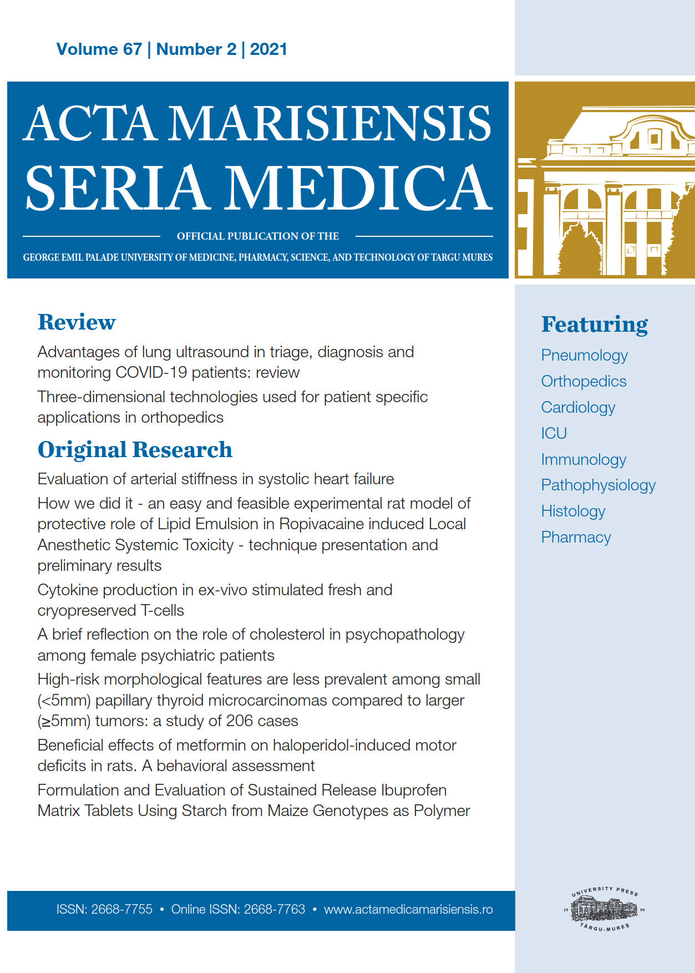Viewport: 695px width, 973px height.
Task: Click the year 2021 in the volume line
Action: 268,49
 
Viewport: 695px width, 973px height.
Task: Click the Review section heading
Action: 77,322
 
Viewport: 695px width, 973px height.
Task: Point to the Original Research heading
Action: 135,449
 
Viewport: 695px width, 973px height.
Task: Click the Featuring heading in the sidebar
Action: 594,325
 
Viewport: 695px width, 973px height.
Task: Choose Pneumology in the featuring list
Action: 584,355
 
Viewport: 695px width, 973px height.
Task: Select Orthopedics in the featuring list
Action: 584,381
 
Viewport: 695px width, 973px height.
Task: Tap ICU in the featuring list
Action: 554,433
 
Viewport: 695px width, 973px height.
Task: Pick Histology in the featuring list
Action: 573,511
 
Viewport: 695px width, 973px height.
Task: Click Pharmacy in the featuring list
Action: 576,537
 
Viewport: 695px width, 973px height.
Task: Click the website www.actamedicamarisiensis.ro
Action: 408,909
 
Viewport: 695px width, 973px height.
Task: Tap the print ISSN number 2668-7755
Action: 121,909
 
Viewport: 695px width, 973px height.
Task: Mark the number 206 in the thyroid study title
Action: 240,721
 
